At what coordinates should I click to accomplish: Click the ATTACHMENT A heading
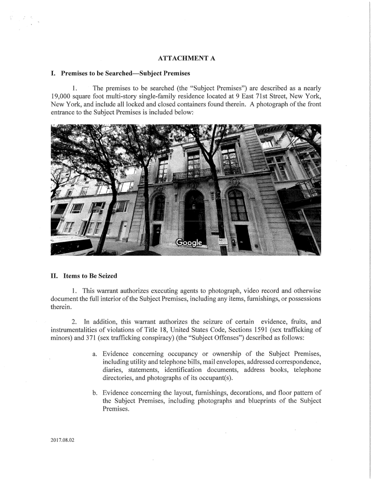(x=185, y=59)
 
